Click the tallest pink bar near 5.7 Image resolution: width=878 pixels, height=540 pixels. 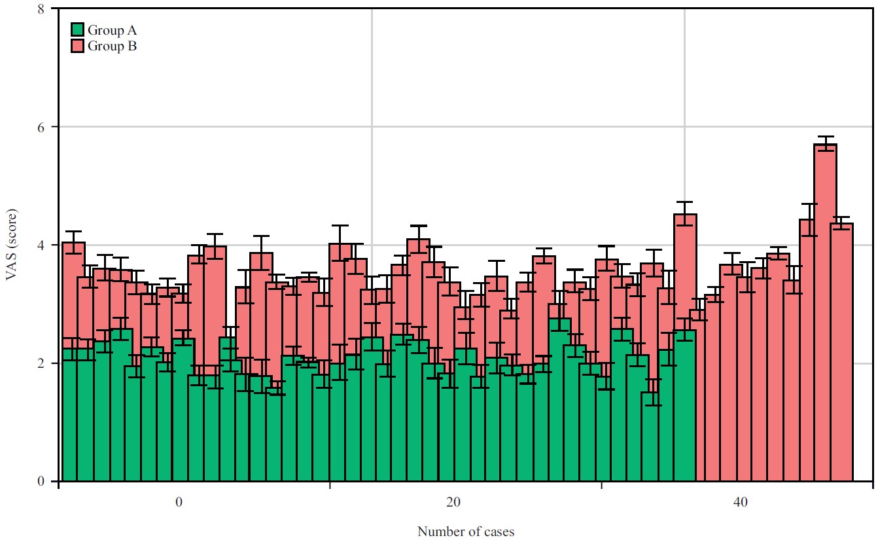pos(826,313)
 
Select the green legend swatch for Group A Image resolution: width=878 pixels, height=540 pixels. pos(78,29)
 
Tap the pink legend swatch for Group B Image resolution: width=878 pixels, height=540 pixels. pos(78,45)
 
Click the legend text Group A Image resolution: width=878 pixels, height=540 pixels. pos(112,30)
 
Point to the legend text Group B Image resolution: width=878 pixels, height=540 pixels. pos(112,46)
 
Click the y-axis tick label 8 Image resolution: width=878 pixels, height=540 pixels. pos(41,9)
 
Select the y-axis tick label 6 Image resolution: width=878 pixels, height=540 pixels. pos(41,127)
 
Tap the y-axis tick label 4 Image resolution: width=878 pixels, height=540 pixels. pos(41,245)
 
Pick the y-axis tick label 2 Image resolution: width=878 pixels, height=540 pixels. pos(41,363)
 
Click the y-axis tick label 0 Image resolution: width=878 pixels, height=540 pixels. pos(41,481)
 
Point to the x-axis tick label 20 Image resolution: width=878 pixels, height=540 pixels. pos(453,502)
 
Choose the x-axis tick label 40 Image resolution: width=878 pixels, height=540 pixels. pos(741,502)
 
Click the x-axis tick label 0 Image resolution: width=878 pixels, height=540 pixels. pos(179,502)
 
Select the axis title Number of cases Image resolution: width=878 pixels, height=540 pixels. pos(466,531)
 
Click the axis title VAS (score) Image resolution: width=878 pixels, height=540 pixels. pos(12,245)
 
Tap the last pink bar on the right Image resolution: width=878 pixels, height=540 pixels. pos(842,352)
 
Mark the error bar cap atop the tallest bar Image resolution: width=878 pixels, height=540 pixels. pos(826,136)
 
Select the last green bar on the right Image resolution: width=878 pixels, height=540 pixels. pos(685,405)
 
